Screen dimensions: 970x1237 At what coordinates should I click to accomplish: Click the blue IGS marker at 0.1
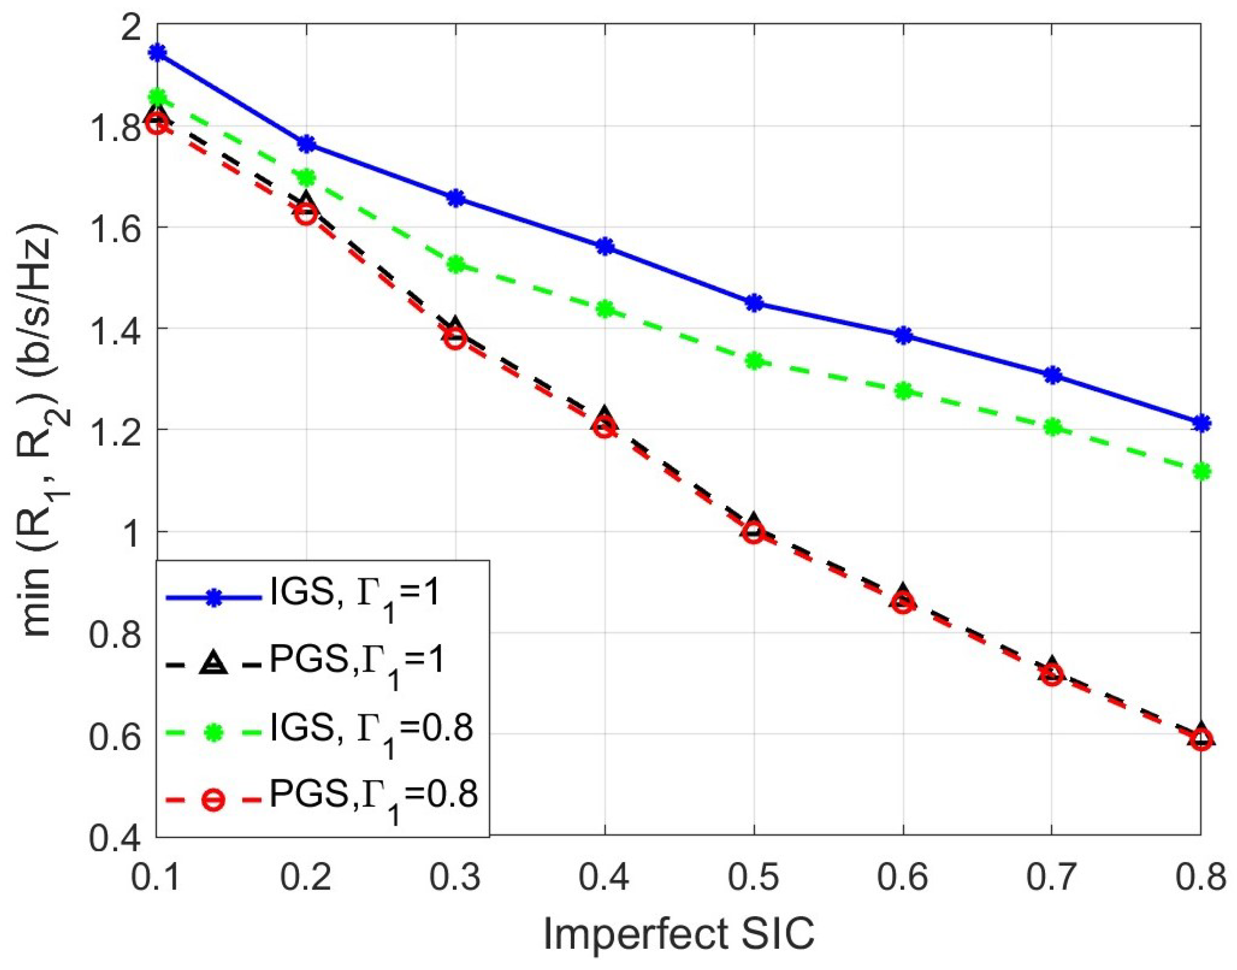(157, 53)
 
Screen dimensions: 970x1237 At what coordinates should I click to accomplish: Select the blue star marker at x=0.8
(1201, 423)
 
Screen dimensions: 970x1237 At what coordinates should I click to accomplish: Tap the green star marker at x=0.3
(456, 265)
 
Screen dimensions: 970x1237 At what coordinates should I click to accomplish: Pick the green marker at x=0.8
(1201, 471)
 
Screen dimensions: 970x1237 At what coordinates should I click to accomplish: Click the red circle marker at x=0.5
(753, 533)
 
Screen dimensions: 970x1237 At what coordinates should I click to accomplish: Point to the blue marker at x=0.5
(753, 303)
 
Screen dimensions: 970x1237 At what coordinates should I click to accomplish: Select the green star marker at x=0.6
(903, 391)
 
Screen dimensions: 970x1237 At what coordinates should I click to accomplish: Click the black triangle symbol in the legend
(214, 663)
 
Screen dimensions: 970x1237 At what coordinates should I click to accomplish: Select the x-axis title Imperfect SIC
(679, 934)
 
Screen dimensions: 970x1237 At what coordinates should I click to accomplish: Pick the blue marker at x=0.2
(307, 144)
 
